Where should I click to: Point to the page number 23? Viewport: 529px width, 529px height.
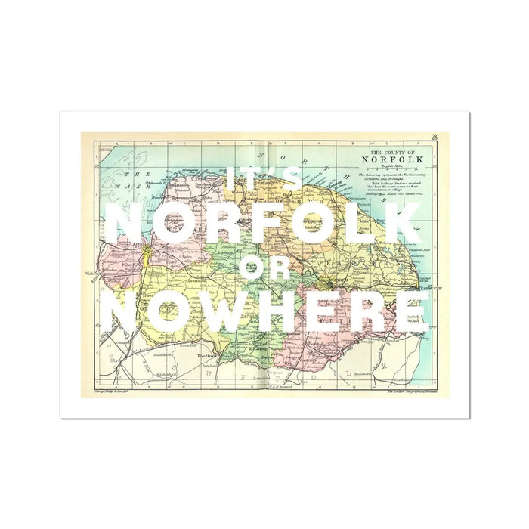tap(435, 137)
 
